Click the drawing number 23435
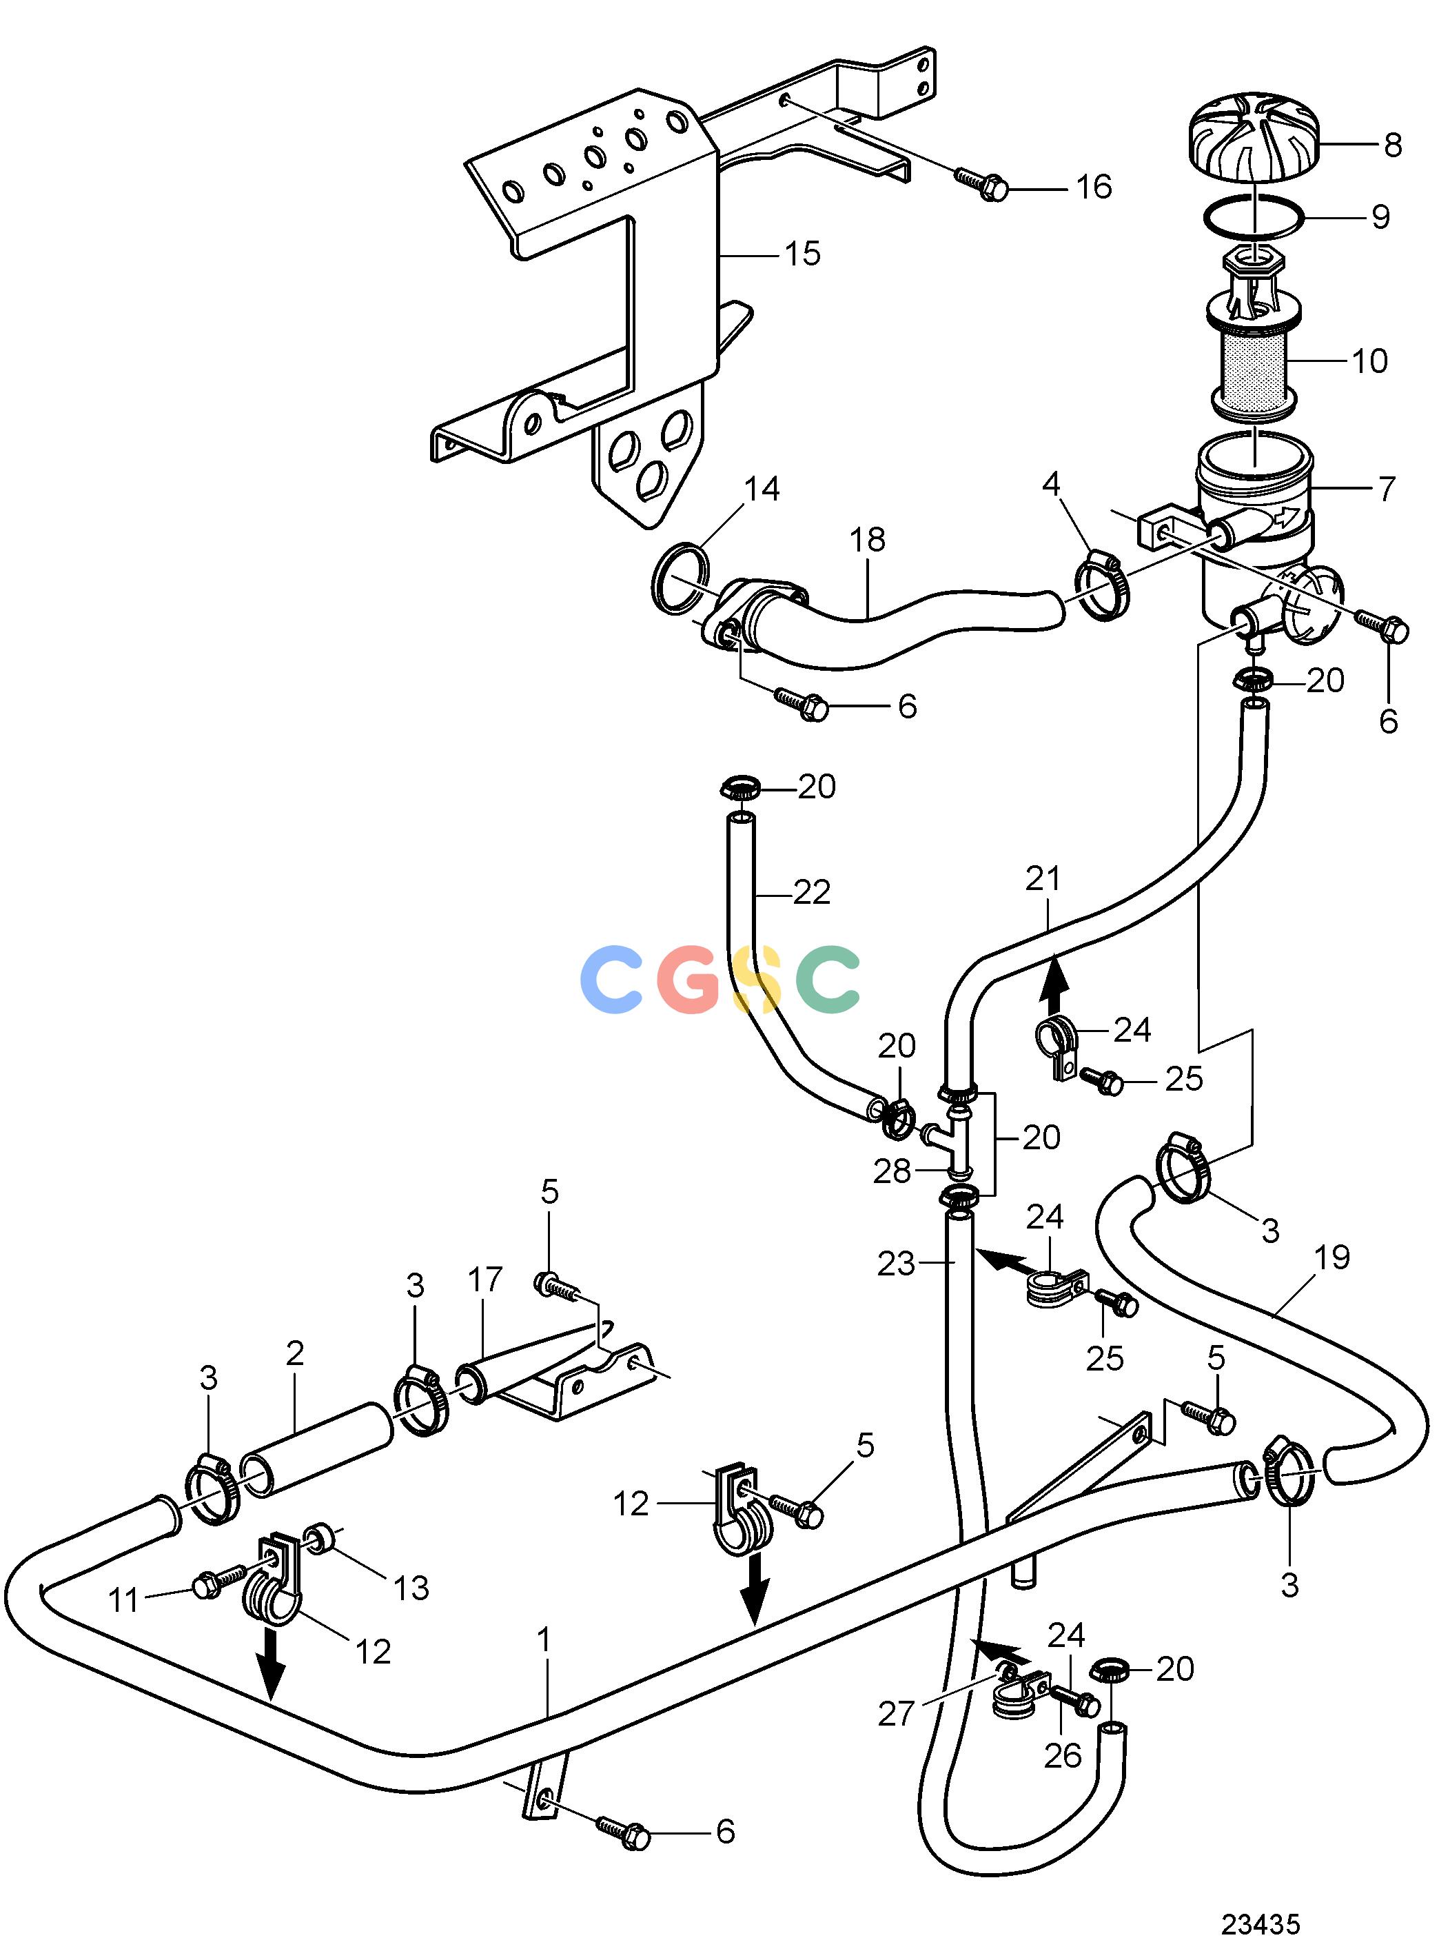(x=1260, y=1923)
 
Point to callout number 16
(x=1094, y=186)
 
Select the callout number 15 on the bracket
(x=802, y=254)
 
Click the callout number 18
(x=868, y=540)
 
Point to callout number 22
(x=812, y=892)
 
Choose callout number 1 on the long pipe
(x=544, y=1639)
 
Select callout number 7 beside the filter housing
(x=1387, y=488)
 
